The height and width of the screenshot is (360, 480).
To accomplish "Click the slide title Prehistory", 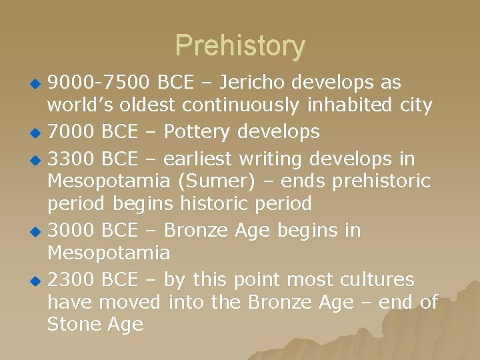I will click(x=240, y=46).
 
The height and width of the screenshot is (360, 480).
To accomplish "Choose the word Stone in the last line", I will click(x=74, y=325).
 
